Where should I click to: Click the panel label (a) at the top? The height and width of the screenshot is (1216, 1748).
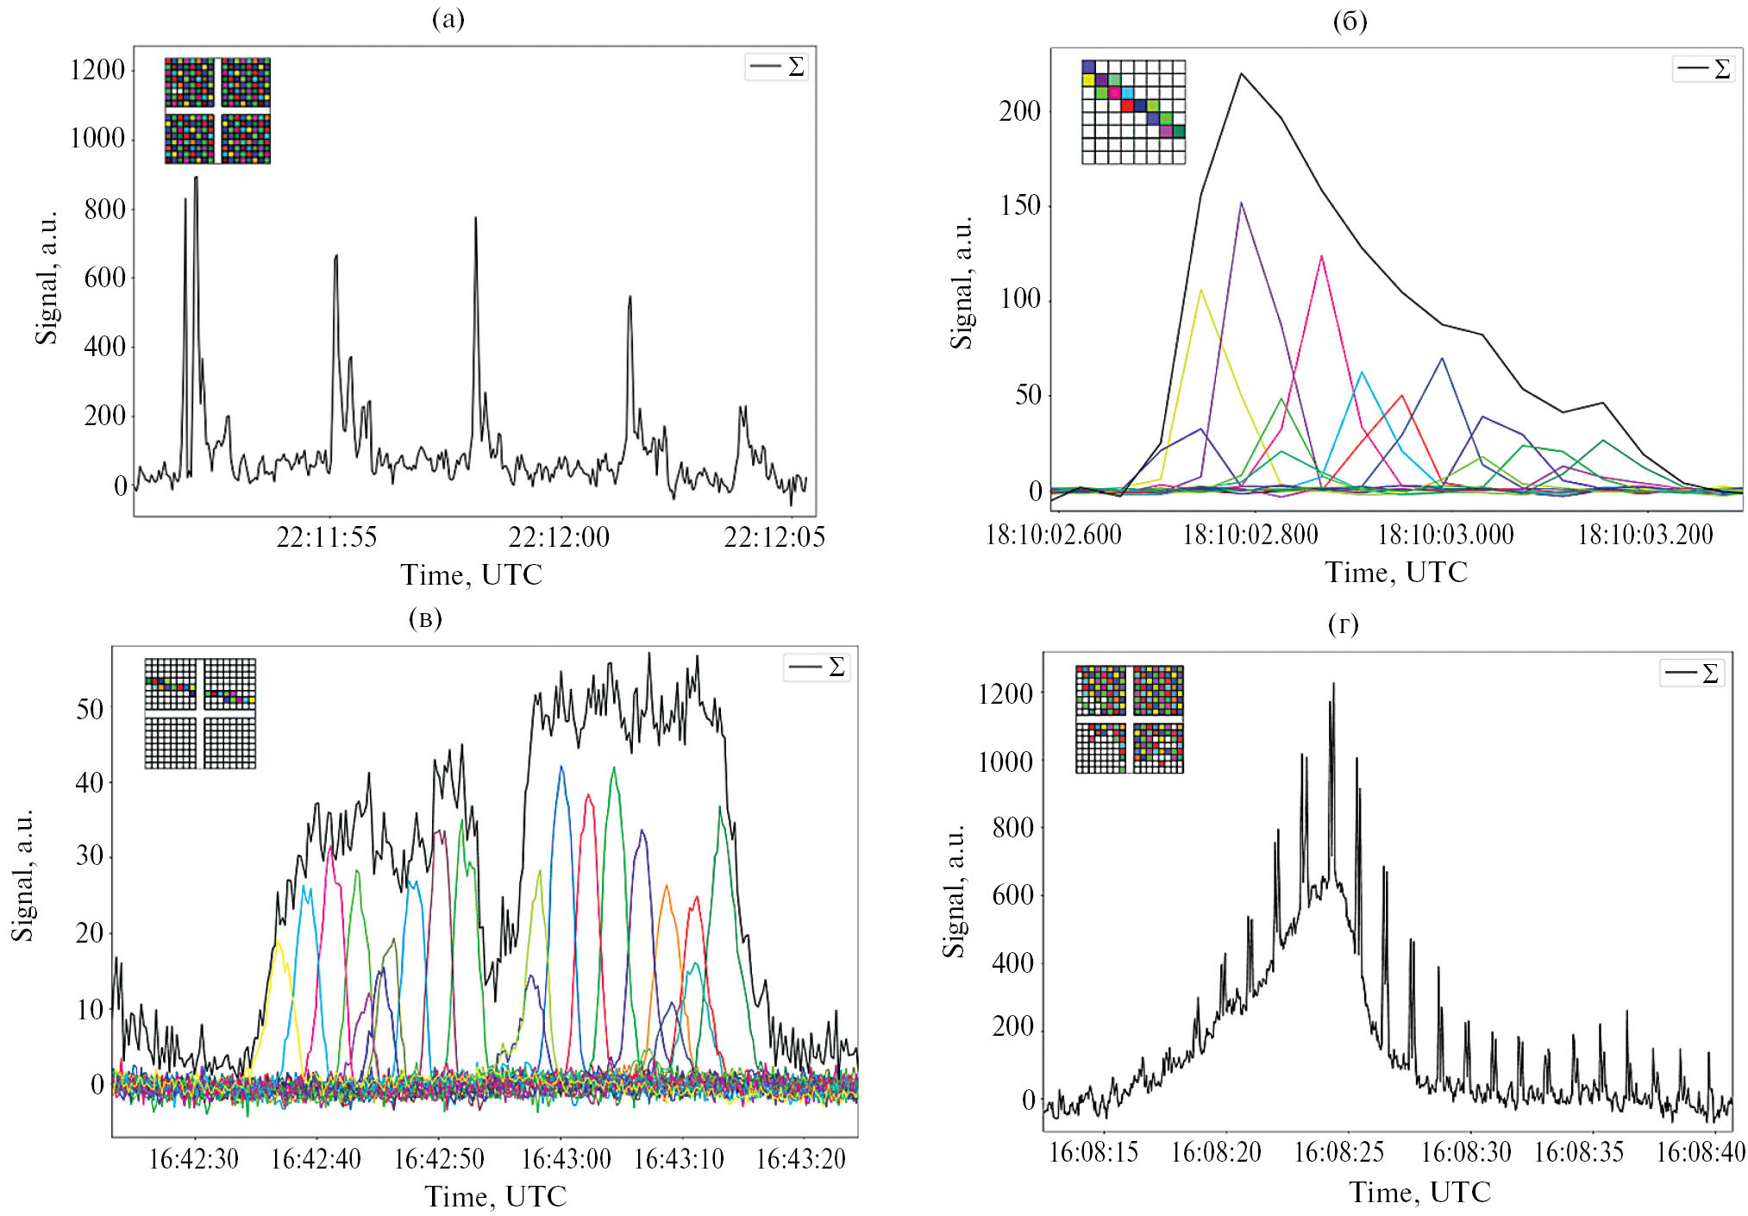(448, 19)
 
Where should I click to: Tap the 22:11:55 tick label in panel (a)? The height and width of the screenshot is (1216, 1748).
(326, 537)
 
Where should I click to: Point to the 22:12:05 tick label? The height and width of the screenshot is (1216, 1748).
(774, 537)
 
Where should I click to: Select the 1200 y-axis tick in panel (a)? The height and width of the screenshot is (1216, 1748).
(97, 70)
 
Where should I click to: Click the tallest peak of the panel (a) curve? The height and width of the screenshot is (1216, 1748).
(196, 178)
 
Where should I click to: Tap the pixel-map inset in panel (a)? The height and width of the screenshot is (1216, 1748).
(217, 110)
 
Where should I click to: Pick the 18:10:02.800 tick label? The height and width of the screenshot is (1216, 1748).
(1250, 535)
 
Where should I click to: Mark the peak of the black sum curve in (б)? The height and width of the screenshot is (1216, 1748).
(1241, 73)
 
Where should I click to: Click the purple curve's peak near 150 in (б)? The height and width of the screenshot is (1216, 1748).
(1241, 204)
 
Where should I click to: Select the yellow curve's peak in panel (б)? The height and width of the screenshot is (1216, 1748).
(1200, 290)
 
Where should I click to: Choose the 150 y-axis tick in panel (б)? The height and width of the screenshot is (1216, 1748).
(1019, 205)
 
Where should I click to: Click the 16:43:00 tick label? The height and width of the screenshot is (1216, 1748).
(566, 1158)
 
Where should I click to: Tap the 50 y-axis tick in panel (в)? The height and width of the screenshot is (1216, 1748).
(90, 709)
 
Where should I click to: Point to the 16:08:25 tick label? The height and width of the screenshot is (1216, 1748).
(1338, 1152)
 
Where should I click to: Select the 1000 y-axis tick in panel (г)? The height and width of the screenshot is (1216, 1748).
(1005, 761)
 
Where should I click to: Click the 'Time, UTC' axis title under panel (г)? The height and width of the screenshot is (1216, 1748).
(1419, 1192)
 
